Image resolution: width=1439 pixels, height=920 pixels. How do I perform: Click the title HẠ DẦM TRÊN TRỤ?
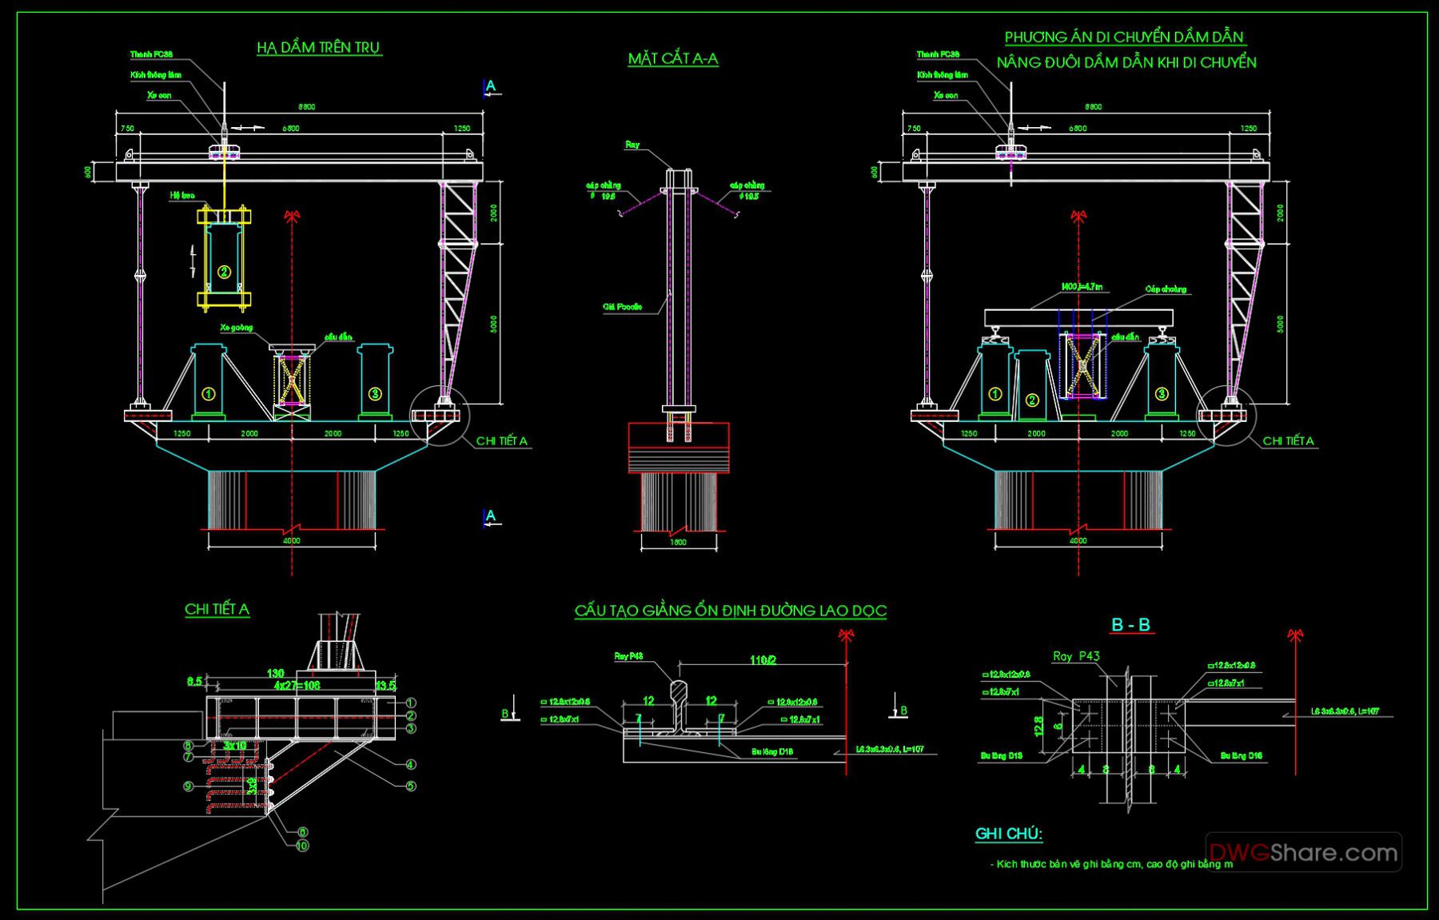tap(319, 48)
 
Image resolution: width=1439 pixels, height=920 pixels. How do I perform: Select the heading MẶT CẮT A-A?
tap(672, 58)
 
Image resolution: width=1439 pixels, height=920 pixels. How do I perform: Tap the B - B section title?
tap(1130, 625)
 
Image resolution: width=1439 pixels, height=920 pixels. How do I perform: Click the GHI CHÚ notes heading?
tap(1008, 834)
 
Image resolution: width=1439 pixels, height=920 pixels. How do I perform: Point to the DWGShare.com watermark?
tap(1303, 853)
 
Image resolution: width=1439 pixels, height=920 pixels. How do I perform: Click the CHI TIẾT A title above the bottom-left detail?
tap(217, 609)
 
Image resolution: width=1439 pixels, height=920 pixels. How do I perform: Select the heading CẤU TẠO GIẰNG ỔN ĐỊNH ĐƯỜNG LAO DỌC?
tap(730, 611)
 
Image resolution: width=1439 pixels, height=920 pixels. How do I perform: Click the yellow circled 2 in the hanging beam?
tap(224, 272)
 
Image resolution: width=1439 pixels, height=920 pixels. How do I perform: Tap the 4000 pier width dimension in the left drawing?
tap(292, 541)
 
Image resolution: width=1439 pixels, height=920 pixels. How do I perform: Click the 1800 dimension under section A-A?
tap(678, 543)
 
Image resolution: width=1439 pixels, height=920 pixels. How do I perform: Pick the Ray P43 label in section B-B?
tap(1076, 656)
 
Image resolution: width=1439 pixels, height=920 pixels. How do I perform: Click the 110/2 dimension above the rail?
tap(763, 660)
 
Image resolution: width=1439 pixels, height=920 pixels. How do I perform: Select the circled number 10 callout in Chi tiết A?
tap(302, 846)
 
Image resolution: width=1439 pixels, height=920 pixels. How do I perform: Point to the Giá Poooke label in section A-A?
tap(623, 307)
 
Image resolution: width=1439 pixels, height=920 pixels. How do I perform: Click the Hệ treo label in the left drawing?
tap(181, 195)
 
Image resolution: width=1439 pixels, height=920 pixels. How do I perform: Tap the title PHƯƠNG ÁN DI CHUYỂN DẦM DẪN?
tap(1124, 38)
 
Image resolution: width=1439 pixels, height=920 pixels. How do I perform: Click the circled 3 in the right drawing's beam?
tap(1162, 393)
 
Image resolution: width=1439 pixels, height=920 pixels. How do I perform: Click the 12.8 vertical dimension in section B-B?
tap(1038, 726)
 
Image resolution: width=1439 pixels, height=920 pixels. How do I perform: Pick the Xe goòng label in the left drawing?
tap(236, 328)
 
